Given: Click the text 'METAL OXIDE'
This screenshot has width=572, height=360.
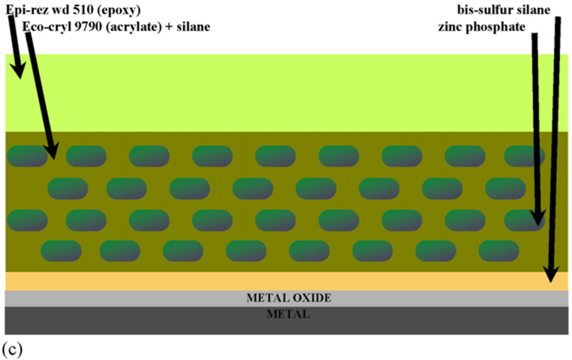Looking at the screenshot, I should click(288, 298).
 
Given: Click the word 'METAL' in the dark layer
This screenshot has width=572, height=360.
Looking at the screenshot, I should click(288, 314).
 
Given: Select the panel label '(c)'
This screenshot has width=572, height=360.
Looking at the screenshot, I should click(13, 349).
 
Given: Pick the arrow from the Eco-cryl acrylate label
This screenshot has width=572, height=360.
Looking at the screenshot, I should click(41, 94).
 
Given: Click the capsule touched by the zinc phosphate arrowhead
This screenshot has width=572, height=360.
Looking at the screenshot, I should click(525, 219).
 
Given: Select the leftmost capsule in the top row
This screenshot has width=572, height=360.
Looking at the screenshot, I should click(27, 156).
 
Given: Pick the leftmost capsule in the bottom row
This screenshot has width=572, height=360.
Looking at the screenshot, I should click(61, 251).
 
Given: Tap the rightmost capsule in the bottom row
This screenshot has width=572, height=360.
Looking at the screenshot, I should click(499, 251).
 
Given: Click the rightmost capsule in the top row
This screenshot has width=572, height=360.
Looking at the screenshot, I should click(525, 156).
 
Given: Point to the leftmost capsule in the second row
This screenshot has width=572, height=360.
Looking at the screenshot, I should click(68, 189).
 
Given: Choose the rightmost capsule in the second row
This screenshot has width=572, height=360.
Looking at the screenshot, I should click(506, 189).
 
